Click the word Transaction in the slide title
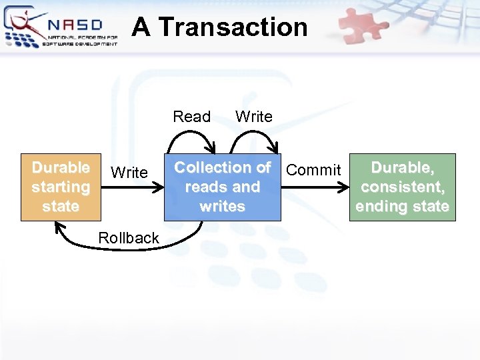tap(233, 27)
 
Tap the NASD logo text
tap(75, 25)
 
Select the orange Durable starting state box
tap(61, 187)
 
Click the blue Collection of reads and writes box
tap(222, 187)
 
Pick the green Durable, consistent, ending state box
tap(401, 187)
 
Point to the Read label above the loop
tap(191, 117)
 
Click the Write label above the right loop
tap(254, 117)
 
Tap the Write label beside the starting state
tap(129, 173)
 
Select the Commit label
tap(313, 170)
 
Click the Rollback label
tap(129, 238)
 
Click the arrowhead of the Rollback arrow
tap(59, 229)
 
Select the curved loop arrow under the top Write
tap(254, 137)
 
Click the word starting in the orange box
tap(61, 187)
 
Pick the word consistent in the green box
tap(402, 187)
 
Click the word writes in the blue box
tap(222, 207)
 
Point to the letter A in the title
tap(140, 27)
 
